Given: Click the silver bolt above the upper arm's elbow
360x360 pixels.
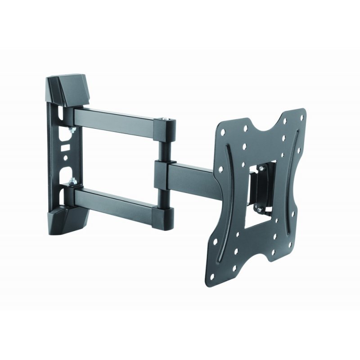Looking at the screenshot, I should tap(166, 118).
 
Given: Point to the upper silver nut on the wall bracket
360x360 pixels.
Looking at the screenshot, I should tap(71, 130).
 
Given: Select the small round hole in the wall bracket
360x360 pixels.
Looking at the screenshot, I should tap(66, 158).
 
